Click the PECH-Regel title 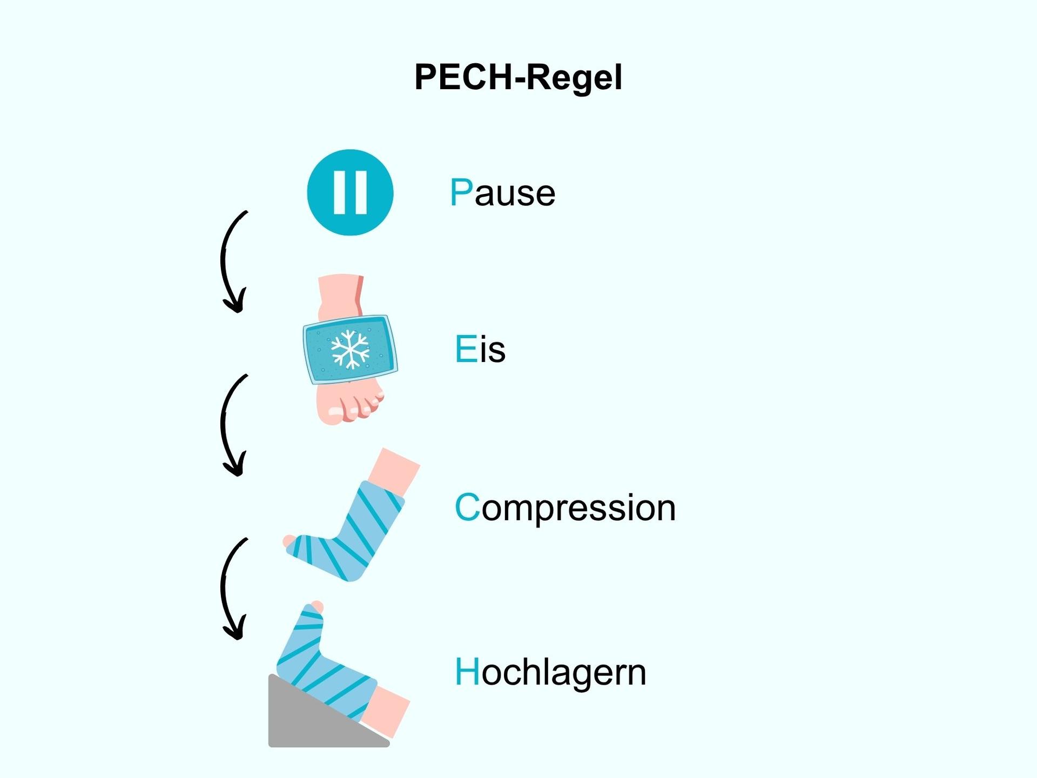click(x=518, y=77)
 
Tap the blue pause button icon click(x=350, y=192)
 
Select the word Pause click(x=502, y=193)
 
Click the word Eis click(x=480, y=350)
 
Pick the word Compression click(x=565, y=508)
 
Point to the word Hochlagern click(x=550, y=672)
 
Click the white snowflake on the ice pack click(x=350, y=349)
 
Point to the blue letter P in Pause click(x=461, y=193)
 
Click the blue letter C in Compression click(x=467, y=508)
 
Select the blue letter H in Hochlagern click(x=467, y=672)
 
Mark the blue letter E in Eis click(x=466, y=350)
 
